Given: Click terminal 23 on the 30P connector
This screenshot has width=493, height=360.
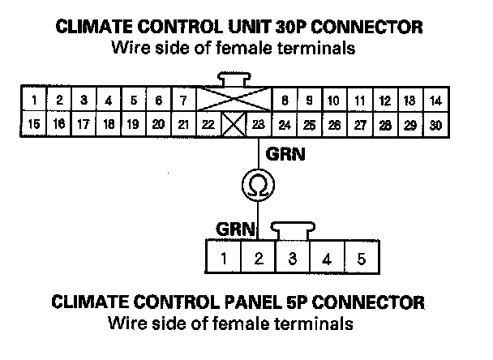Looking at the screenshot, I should [x=259, y=125].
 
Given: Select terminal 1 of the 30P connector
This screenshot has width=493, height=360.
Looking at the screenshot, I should [x=35, y=101].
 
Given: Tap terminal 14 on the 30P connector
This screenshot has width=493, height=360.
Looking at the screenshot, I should [x=435, y=101].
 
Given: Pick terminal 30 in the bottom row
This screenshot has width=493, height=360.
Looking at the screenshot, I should [x=435, y=125].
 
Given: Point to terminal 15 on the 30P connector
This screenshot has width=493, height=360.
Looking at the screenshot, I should [x=35, y=125].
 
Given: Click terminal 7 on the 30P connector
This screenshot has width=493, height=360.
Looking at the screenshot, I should [x=183, y=101].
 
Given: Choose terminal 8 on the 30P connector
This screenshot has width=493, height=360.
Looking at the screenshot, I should [x=285, y=101].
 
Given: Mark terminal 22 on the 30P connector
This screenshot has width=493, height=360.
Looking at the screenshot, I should [x=208, y=125].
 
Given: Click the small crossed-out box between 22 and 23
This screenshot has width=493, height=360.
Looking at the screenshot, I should [x=234, y=126].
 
